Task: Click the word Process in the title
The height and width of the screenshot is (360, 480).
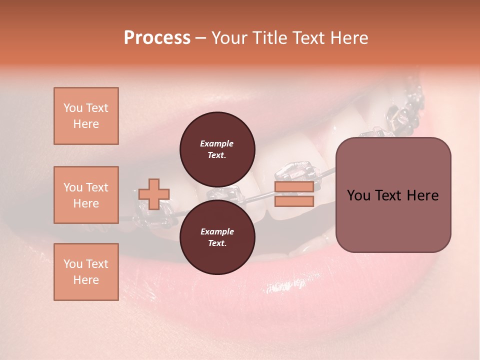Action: (x=157, y=38)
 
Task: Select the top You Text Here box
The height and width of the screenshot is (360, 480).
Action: (x=86, y=116)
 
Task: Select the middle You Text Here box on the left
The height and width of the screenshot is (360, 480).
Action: (x=86, y=195)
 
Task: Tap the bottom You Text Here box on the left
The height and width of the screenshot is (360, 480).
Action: (x=86, y=271)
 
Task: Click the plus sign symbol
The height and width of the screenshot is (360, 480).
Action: (x=154, y=194)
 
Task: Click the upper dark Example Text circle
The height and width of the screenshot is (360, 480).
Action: (x=217, y=149)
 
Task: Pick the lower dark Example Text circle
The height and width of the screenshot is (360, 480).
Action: (x=217, y=237)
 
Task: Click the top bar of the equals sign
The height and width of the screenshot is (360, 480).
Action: (x=294, y=186)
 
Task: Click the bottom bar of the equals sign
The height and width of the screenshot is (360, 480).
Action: (x=294, y=201)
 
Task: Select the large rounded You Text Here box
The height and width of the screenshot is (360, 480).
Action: (x=393, y=195)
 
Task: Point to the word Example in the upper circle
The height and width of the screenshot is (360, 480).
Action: (x=216, y=143)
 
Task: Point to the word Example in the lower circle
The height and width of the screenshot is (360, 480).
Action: (x=216, y=231)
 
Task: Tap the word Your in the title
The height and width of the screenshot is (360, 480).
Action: (x=227, y=38)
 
